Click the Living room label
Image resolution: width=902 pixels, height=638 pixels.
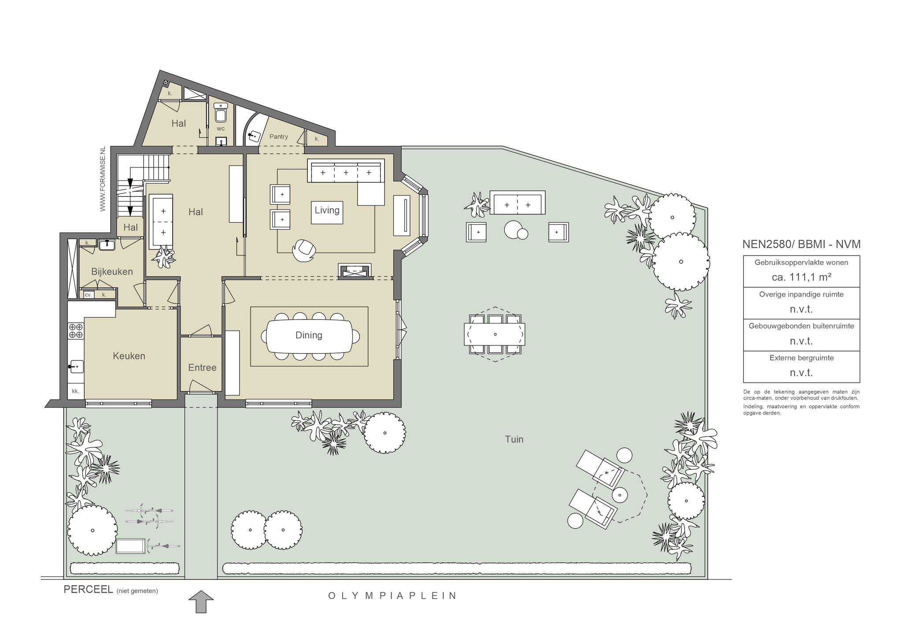[x=327, y=210]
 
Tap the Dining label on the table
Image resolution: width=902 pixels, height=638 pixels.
[x=309, y=335]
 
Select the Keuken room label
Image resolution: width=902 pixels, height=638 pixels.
[x=129, y=356]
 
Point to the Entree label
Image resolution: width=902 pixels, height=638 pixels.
[x=202, y=367]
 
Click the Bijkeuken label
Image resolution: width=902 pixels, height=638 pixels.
[x=112, y=272]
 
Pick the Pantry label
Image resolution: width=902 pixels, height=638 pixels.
[x=279, y=137]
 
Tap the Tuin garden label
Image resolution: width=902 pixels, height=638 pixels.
[x=514, y=439]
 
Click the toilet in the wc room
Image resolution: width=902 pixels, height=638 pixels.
[x=221, y=113]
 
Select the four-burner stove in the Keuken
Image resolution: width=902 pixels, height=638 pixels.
[x=76, y=331]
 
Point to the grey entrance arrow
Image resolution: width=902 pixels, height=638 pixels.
[x=201, y=602]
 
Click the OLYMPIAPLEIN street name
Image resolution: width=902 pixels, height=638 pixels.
[x=392, y=596]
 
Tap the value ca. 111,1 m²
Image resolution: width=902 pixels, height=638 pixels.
[x=801, y=277]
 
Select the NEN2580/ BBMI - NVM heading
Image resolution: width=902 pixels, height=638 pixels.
[x=801, y=244]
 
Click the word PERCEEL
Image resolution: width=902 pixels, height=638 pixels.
[x=89, y=590]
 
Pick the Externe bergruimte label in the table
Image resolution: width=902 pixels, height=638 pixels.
[x=802, y=358]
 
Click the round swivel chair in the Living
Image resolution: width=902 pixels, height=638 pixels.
[x=304, y=251]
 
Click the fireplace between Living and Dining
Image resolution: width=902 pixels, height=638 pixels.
[x=355, y=271]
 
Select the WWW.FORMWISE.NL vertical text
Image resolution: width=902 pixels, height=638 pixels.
[x=103, y=179]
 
